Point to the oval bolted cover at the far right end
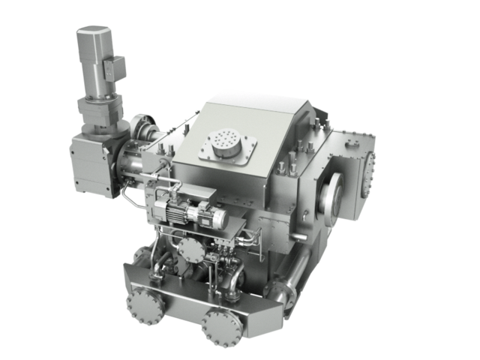369,171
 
